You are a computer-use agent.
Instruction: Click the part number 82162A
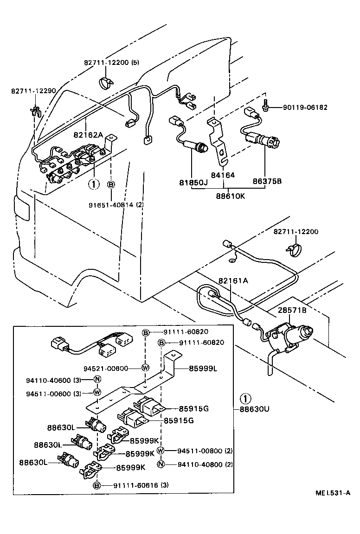click(x=87, y=135)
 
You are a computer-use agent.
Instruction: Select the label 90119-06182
click(x=305, y=108)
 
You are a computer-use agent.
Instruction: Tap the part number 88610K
click(x=231, y=196)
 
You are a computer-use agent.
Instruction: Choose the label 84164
click(x=223, y=175)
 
